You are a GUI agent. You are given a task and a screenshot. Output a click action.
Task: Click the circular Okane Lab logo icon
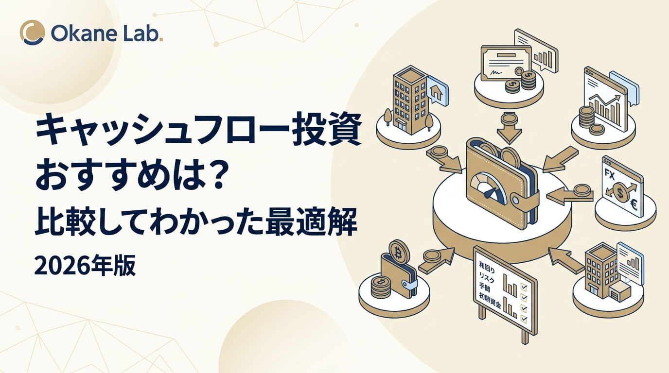tap(32, 33)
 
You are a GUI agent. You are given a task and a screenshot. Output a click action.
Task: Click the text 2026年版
tap(85, 265)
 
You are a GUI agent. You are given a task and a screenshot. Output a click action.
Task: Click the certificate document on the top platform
tap(506, 63)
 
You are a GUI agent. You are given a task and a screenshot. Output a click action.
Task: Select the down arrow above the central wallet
tap(509, 128)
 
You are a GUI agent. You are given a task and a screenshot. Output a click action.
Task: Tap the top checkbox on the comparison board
tap(524, 287)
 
